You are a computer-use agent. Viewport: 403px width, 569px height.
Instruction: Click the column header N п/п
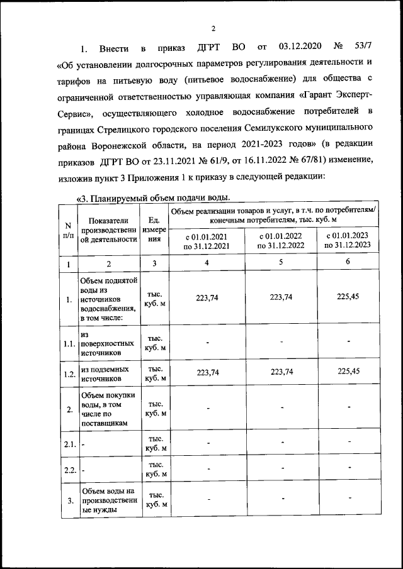[x=68, y=229]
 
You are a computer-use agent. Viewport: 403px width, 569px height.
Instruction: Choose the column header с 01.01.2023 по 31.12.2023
[x=348, y=240]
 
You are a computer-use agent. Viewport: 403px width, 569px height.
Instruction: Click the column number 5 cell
[x=280, y=262]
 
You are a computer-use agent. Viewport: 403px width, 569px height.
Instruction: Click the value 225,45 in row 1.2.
[x=348, y=372]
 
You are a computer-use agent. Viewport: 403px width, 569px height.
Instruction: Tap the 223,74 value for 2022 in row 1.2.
[x=280, y=372]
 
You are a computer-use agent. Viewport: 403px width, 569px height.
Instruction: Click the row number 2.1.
[x=69, y=445]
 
